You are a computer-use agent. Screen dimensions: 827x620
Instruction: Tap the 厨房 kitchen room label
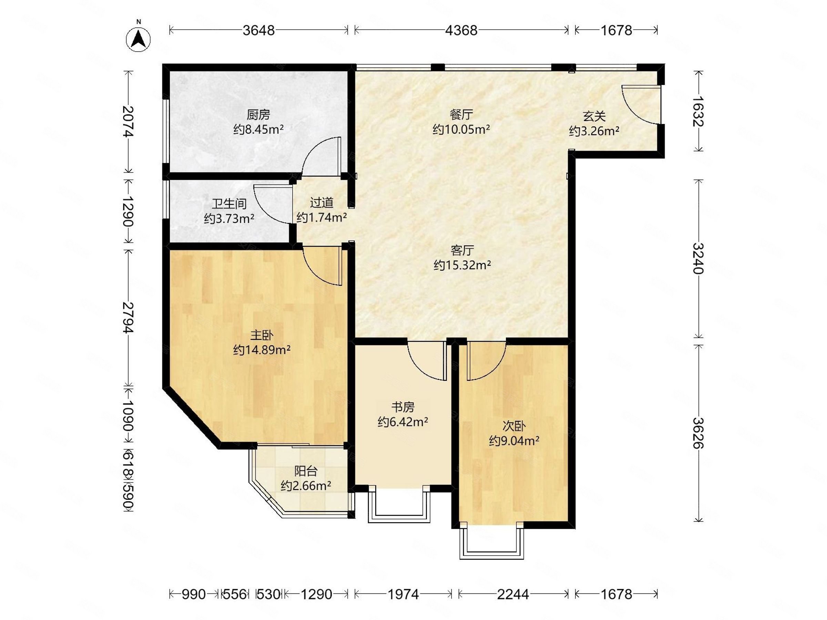coord(258,115)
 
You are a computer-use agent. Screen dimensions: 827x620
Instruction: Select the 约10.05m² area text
coord(461,130)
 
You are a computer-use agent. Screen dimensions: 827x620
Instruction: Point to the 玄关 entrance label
coord(594,117)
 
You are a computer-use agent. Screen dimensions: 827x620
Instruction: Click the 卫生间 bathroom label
coord(229,204)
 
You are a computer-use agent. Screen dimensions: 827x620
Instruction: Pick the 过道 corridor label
coord(321,203)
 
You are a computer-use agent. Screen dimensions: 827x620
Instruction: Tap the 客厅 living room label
coord(462,250)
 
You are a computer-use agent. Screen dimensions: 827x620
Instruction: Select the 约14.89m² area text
coord(262,350)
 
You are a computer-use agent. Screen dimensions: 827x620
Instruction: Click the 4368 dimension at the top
coord(461,30)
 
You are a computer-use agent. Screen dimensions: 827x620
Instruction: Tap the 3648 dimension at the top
coord(259,30)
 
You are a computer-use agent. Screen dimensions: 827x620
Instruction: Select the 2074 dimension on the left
coord(128,122)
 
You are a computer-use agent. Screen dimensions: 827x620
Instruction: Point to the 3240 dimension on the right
coord(698,259)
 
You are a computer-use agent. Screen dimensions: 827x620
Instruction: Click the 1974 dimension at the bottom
coord(403,594)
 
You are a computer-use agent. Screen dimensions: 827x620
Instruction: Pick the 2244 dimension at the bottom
coord(513,594)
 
